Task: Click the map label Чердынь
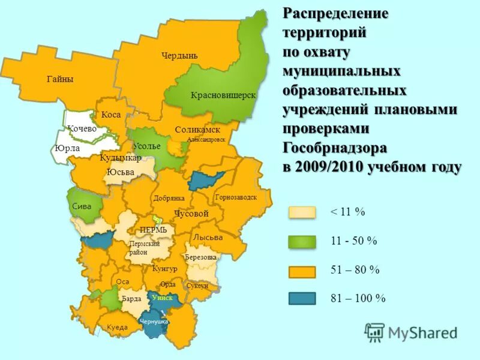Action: [x=179, y=56]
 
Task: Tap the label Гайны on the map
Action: [x=59, y=79]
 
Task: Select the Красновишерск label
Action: [x=223, y=95]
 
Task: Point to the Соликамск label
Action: [x=197, y=130]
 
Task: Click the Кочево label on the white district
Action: [x=82, y=128]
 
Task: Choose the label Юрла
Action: [x=67, y=148]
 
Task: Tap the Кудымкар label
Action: [x=121, y=158]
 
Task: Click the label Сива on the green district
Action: [x=82, y=206]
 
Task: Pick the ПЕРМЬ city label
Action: [x=153, y=230]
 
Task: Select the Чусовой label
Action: [x=191, y=214]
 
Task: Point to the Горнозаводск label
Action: [x=236, y=197]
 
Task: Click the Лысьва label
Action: [x=208, y=237]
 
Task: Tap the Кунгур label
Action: [x=164, y=269]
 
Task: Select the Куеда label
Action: [x=117, y=328]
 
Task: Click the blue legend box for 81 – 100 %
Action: [x=302, y=298]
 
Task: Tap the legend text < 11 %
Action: [x=348, y=212]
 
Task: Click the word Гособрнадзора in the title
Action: [x=335, y=148]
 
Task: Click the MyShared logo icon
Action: [x=374, y=332]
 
